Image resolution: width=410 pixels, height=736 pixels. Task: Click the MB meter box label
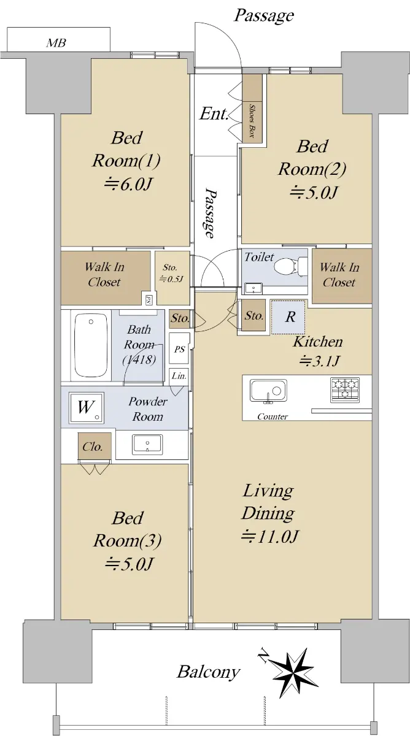click(56, 43)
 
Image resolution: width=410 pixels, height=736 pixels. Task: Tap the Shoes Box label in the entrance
click(252, 121)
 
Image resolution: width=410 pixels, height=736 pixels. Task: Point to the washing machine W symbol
click(86, 407)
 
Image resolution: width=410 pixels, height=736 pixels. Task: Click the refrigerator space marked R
click(288, 317)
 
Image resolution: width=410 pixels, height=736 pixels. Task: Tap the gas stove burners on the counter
click(344, 390)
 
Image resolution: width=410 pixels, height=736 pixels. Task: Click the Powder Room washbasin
click(147, 445)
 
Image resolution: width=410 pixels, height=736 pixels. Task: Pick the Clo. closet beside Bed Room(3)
click(95, 447)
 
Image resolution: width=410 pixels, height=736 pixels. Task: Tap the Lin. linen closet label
click(179, 375)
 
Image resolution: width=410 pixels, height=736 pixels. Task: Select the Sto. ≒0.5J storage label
click(171, 274)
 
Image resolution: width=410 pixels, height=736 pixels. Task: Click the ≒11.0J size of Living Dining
click(270, 536)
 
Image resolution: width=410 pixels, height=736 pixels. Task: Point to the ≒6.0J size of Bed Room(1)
click(127, 185)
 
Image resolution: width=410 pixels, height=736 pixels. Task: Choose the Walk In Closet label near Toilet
click(339, 275)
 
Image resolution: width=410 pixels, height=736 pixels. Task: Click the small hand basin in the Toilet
click(253, 288)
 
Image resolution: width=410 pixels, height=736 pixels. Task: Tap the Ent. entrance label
click(214, 113)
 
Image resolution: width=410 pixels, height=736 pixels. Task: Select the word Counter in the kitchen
click(273, 416)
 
